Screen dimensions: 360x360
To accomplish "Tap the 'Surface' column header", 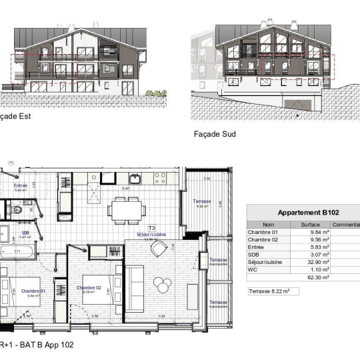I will point(310,225).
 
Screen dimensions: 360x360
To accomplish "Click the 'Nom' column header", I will point(268,225).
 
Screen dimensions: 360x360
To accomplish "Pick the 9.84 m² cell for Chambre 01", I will point(311,233).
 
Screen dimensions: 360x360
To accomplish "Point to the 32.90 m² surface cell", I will point(311,262).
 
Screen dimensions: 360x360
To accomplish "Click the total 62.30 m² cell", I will point(311,277).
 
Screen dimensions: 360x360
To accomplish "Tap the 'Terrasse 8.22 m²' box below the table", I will point(273,291).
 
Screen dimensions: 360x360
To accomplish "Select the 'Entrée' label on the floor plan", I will point(22,186).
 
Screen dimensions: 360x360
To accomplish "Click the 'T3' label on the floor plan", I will point(151,228).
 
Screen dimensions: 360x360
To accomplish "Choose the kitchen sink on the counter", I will point(135,178).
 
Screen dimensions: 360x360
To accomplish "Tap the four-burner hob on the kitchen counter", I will point(161,178).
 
